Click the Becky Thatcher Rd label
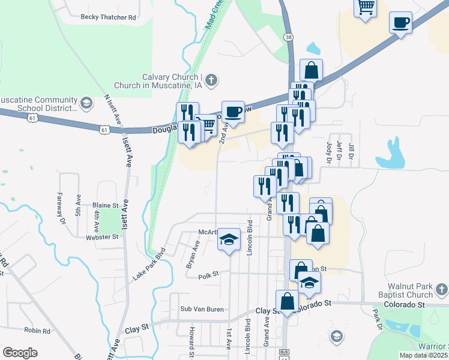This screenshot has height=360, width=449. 108,17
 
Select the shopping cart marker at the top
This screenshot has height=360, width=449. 366,8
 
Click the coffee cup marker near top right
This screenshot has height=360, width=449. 400,23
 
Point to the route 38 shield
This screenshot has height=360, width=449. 290,37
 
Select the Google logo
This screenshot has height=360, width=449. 20,353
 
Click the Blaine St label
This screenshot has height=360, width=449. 105,205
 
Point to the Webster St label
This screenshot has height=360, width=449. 101,237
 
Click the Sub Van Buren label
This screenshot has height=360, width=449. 202,310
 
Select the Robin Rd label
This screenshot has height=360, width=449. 37,331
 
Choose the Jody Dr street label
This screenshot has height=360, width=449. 328,152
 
